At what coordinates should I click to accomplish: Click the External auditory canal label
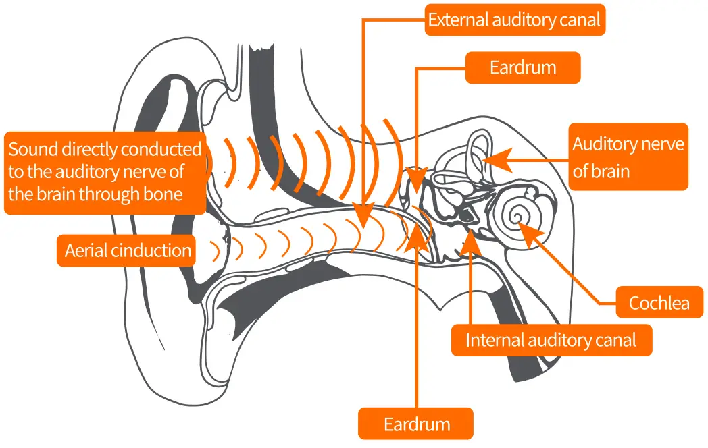(x=515, y=20)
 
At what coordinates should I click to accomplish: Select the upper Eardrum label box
(x=523, y=68)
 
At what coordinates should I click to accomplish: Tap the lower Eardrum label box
(x=416, y=424)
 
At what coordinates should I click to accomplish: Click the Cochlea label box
(x=659, y=303)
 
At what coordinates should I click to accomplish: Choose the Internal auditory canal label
(x=551, y=340)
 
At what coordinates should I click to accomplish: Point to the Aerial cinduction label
(x=128, y=251)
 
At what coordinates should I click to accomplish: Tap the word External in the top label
(x=456, y=20)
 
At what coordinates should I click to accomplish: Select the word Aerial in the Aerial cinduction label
(x=86, y=251)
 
